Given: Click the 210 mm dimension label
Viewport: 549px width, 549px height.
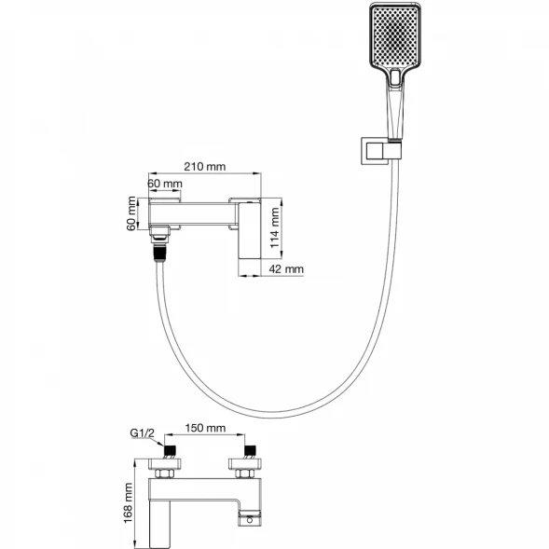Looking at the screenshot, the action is (205, 166).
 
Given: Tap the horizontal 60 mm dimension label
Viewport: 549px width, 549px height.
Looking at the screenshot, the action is (165, 184).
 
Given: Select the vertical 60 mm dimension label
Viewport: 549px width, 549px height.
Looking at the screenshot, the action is (131, 213).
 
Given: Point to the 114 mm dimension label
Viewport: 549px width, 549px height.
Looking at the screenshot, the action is (275, 227).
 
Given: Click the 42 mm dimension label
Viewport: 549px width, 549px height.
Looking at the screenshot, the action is (286, 268).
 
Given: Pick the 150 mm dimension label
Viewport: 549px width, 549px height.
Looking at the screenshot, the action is (205, 428).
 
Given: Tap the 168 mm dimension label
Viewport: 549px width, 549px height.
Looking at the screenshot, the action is (128, 503).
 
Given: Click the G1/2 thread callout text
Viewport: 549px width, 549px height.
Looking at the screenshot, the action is (142, 433).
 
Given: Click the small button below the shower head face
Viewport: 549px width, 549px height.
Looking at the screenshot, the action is (395, 77).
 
